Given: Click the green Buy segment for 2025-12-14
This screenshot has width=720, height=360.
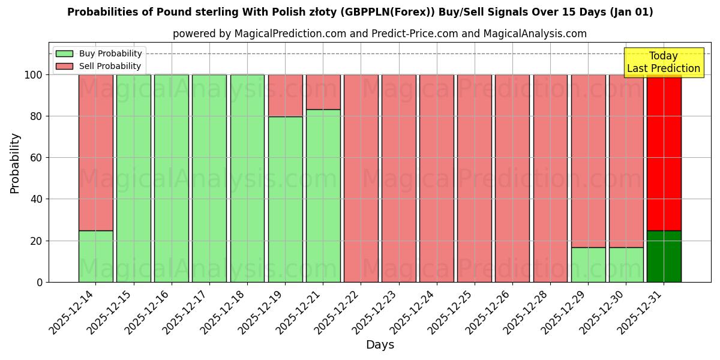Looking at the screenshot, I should coord(95,256).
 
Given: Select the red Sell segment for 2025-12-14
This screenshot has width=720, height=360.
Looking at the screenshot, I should coord(95,152).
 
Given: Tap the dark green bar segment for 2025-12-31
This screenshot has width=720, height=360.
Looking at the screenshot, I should coord(664,256).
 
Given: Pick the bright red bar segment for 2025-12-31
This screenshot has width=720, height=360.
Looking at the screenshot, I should coord(664,152).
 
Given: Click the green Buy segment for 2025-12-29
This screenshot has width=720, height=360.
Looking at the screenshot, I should coord(588,265).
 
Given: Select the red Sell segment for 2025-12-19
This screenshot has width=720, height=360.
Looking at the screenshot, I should coord(285,95).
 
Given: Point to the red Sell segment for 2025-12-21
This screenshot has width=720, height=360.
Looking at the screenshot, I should coord(323,92).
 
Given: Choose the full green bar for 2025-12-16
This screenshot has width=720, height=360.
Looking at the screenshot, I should coord(172,178).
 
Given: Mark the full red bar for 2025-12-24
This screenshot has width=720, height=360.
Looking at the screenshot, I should coord(437,178).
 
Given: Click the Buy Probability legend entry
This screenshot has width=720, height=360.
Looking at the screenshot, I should coord(99,53).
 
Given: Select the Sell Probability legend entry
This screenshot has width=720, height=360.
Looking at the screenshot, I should coord(99,66).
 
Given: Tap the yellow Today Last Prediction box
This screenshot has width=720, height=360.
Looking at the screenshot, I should coord(664,62).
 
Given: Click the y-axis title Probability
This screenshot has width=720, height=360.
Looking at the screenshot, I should coord(15,163).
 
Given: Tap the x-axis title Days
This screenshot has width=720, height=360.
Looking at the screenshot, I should coord(380,345).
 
